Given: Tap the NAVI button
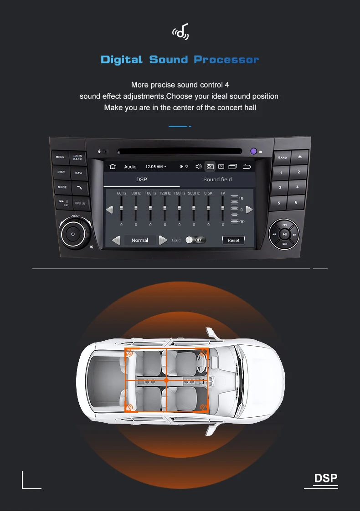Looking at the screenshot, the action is (x=78, y=173).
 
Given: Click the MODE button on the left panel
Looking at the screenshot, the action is (x=62, y=187).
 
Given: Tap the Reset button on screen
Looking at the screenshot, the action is (x=233, y=240).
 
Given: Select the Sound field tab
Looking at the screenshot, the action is (x=217, y=179).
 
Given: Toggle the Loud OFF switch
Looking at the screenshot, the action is (x=195, y=240).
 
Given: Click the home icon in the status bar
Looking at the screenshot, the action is (x=113, y=167).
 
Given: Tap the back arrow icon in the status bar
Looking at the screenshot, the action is (x=247, y=167).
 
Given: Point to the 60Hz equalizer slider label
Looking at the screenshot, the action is (x=121, y=193).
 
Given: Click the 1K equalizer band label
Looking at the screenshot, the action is (x=223, y=193).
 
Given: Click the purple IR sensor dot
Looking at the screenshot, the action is (x=253, y=151).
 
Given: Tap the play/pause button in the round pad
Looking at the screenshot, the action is (x=284, y=235).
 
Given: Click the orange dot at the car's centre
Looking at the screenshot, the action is (x=166, y=379).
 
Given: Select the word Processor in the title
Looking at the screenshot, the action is (x=226, y=60).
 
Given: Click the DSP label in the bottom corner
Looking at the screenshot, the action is (x=326, y=478).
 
